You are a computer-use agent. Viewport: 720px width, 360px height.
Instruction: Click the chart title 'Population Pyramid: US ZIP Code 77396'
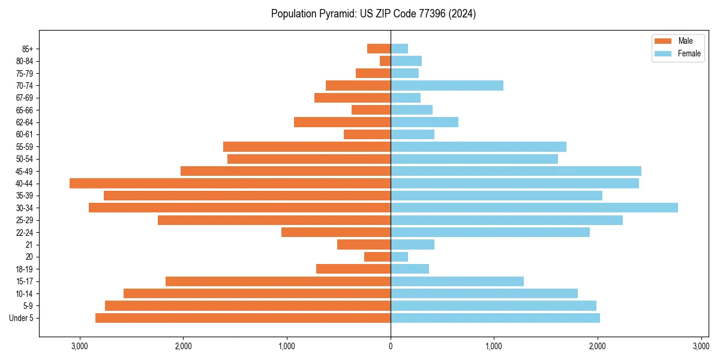click(373, 14)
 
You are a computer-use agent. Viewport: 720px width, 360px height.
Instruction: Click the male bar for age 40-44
click(230, 183)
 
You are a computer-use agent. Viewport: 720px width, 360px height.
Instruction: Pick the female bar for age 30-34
click(534, 208)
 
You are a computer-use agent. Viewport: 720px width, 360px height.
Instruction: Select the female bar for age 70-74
click(447, 85)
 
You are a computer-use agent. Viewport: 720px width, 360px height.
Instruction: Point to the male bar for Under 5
click(243, 318)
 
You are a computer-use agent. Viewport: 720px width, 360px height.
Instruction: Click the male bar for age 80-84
click(385, 61)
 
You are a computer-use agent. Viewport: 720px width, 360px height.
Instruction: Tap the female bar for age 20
click(399, 257)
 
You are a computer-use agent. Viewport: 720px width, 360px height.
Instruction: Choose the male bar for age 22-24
click(336, 232)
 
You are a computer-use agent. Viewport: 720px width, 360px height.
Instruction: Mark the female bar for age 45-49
click(516, 171)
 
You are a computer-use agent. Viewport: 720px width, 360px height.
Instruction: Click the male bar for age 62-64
click(342, 122)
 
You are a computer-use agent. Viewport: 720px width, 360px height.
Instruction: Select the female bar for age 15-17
click(457, 281)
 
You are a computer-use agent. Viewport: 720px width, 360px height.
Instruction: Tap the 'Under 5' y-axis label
click(21, 318)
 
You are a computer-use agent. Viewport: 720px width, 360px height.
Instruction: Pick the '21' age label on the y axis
click(29, 245)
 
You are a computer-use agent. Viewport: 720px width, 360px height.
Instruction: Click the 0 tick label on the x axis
click(391, 346)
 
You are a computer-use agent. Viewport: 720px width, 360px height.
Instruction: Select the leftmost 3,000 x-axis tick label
click(79, 346)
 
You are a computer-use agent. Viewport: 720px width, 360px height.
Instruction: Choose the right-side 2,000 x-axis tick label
click(598, 346)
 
